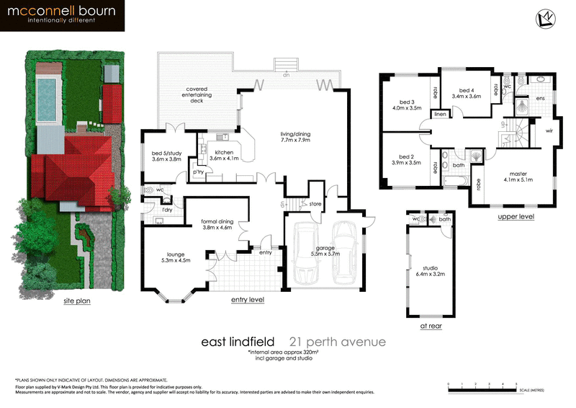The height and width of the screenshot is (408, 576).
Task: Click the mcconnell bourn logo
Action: point(63,16)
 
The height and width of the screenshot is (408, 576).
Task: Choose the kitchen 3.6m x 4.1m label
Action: point(222,156)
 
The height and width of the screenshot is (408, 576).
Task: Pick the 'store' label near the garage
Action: point(315,205)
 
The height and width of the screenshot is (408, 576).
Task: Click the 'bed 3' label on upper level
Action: point(406,105)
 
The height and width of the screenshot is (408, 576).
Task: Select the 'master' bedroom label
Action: point(518,177)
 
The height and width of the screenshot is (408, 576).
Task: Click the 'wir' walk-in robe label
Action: point(549,131)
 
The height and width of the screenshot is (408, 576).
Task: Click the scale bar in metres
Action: point(482,388)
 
